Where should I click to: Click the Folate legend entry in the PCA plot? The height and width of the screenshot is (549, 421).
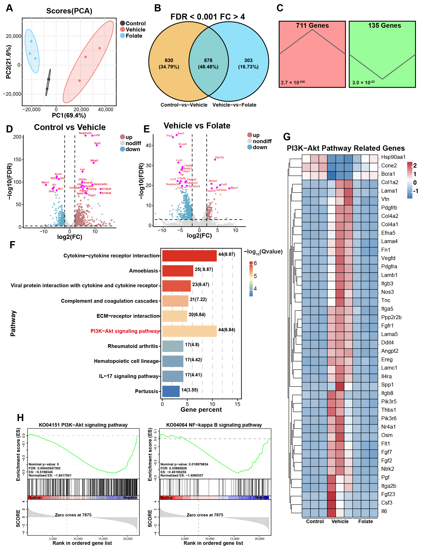(x=134, y=36)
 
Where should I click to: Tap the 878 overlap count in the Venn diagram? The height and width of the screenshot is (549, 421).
(x=208, y=60)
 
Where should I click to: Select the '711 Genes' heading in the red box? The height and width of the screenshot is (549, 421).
(x=312, y=26)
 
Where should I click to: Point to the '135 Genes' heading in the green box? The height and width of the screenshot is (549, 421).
(x=384, y=26)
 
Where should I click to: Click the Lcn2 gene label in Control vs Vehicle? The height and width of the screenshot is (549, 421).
(x=97, y=135)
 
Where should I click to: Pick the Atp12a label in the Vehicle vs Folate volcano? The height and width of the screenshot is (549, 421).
(x=220, y=157)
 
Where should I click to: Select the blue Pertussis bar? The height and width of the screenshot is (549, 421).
(x=171, y=391)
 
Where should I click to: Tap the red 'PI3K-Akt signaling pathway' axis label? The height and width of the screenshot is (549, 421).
(x=125, y=331)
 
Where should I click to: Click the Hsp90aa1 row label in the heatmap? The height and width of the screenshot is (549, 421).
(x=393, y=157)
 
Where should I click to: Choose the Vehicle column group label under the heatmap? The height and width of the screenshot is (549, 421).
(x=340, y=521)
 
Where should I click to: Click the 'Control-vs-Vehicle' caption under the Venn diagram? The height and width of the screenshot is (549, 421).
(x=184, y=105)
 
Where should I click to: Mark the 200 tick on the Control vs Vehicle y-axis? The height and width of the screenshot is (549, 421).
(x=17, y=137)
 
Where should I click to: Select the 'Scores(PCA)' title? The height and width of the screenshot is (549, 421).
(x=69, y=11)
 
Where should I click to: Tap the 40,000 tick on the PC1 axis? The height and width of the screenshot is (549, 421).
(x=105, y=110)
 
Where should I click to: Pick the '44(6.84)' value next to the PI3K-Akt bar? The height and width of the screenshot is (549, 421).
(x=227, y=330)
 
